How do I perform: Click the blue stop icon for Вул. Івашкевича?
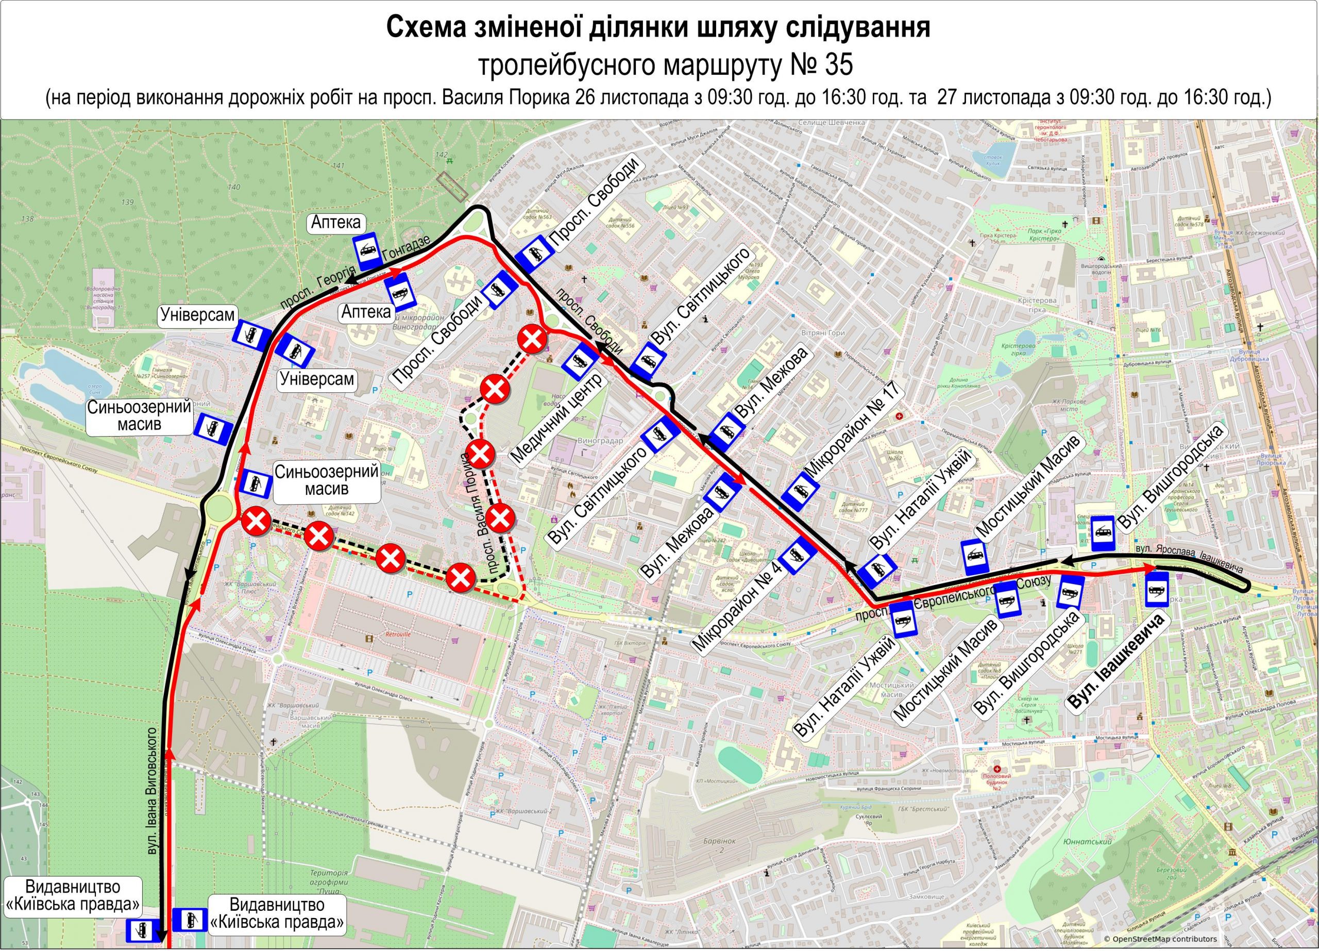[1157, 589]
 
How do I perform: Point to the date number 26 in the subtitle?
[586, 96]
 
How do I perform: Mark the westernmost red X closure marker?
[256, 521]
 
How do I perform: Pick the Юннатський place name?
[1080, 842]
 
